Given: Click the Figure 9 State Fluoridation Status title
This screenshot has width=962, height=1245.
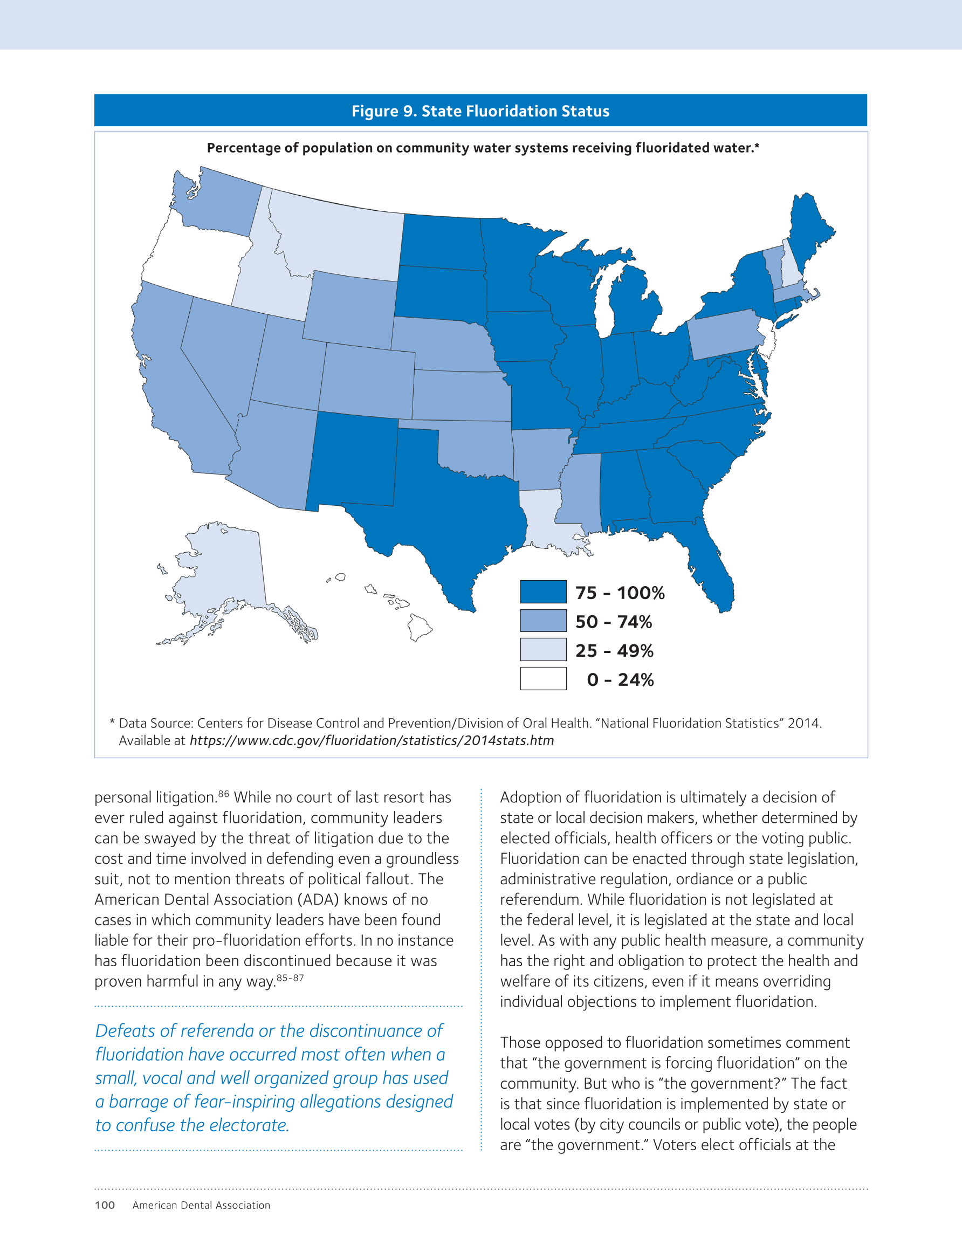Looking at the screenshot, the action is pyautogui.click(x=480, y=111).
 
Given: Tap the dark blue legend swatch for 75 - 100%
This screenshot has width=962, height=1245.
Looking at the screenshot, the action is pyautogui.click(x=543, y=591).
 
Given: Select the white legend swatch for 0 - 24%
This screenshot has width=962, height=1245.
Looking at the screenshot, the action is pyautogui.click(x=543, y=678).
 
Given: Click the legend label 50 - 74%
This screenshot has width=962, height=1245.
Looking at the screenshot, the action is pyautogui.click(x=614, y=621).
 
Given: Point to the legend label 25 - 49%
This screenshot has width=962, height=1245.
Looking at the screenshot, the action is pyautogui.click(x=614, y=650).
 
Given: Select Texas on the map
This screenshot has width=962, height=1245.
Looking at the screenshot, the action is pyautogui.click(x=445, y=513).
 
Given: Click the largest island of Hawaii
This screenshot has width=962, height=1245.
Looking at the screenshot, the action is pyautogui.click(x=419, y=627).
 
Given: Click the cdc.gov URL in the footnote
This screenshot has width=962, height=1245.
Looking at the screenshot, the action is pyautogui.click(x=372, y=740).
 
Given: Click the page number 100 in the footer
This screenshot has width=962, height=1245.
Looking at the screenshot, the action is pyautogui.click(x=105, y=1205).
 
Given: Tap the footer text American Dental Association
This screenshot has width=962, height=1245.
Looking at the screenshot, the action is pyautogui.click(x=201, y=1205).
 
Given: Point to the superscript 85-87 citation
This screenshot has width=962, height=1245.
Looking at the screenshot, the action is pyautogui.click(x=290, y=978).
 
